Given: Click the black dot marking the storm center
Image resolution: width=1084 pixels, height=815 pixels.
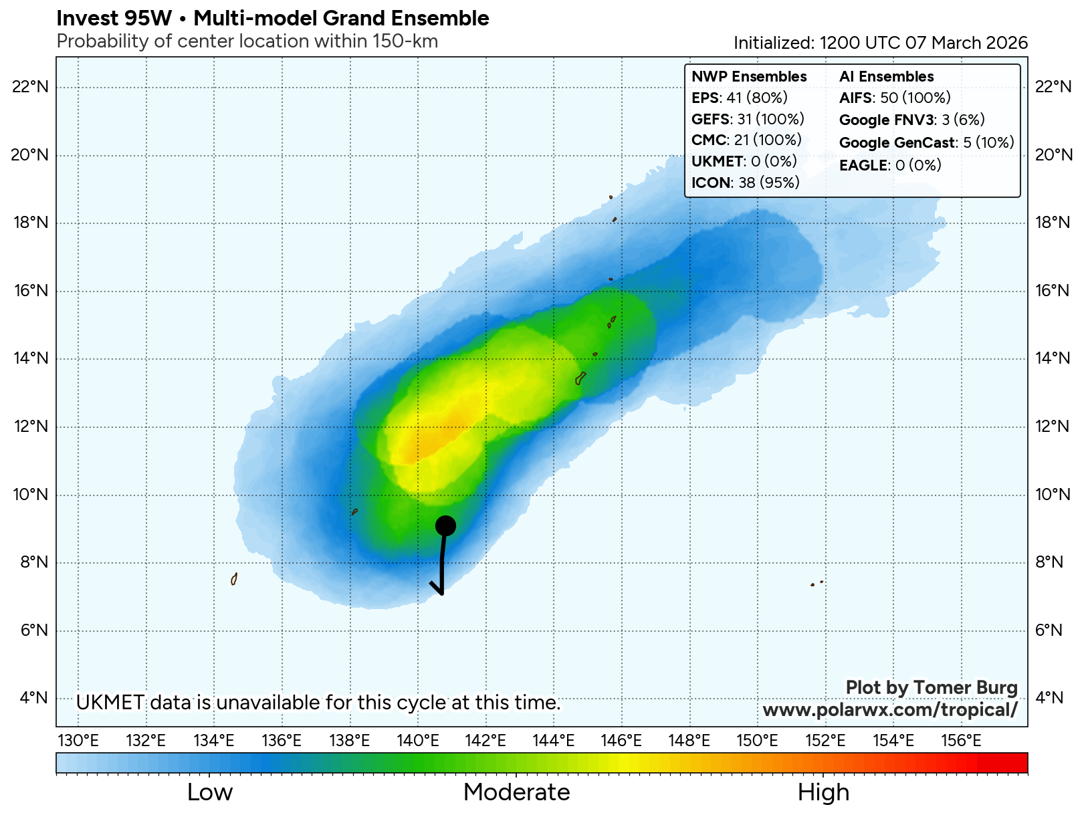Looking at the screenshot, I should point(445,526).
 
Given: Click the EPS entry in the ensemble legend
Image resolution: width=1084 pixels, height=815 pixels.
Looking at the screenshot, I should point(739,98).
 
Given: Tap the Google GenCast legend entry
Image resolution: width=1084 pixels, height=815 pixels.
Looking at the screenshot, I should point(926,142).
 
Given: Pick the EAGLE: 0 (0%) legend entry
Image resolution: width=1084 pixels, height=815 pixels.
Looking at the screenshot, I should point(889,165).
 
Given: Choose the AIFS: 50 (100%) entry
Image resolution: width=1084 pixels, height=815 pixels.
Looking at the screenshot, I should point(895,98).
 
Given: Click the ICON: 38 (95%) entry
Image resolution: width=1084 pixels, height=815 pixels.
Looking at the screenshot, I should point(745,183).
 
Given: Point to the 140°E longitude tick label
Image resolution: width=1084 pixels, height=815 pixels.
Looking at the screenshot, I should point(418,740).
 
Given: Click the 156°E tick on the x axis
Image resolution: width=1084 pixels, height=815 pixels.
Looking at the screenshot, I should point(961,740).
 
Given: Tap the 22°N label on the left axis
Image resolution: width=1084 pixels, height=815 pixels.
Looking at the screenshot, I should point(31,87).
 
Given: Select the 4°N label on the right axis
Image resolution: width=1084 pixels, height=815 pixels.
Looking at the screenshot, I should point(1048,698).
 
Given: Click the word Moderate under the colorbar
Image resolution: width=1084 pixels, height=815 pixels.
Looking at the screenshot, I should point(516,792).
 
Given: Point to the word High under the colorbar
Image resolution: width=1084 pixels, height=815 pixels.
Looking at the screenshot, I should point(823,792).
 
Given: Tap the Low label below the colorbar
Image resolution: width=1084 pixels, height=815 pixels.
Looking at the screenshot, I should point(210,792).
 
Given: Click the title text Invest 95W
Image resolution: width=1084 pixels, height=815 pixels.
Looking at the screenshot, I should point(114,18).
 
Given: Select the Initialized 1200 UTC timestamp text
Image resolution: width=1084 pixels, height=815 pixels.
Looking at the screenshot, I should point(880,43).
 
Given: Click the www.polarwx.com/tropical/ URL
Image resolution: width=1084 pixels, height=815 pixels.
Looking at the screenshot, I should point(890,709).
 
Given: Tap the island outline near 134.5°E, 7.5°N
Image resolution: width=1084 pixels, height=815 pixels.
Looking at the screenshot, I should point(234,579).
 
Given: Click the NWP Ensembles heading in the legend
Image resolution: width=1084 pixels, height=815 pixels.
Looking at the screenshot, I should point(749,76).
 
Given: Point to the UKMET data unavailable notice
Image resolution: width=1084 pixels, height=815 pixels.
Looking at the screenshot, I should point(318,703).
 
